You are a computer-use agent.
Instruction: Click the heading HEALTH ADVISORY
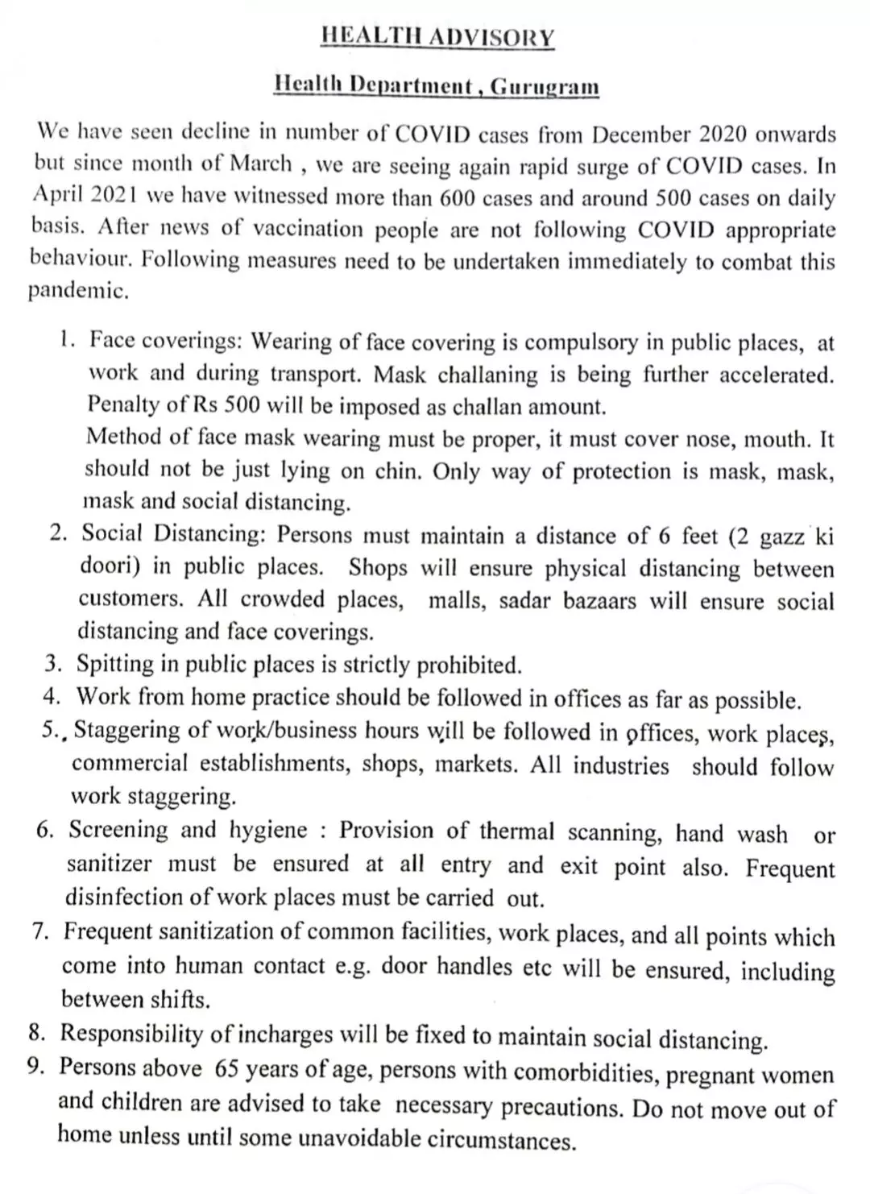tap(437, 37)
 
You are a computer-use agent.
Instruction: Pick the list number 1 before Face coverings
tap(65, 340)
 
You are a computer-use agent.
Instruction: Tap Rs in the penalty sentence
tap(193, 405)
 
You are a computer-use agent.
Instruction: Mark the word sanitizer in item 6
tap(109, 864)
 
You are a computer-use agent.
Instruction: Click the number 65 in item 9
tap(226, 1068)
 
